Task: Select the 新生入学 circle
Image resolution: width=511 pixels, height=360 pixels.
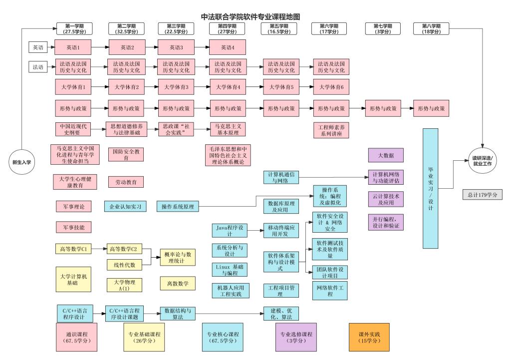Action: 21,162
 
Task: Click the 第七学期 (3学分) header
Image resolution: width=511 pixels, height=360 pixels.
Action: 382,29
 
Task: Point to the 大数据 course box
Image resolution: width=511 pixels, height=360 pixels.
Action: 386,155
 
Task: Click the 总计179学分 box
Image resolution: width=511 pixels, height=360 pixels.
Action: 482,194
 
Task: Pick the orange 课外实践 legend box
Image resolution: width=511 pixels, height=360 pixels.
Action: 369,337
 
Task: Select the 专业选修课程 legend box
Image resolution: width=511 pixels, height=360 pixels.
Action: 296,337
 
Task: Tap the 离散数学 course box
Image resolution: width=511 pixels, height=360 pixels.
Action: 178,283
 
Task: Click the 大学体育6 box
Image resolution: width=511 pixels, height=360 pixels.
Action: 331,87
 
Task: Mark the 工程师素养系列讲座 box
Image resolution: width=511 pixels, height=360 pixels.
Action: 331,130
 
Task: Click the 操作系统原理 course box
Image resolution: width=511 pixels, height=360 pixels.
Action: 178,206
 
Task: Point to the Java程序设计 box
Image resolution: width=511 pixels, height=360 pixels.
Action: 229,230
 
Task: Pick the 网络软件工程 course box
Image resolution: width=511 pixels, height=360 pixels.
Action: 330,290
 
